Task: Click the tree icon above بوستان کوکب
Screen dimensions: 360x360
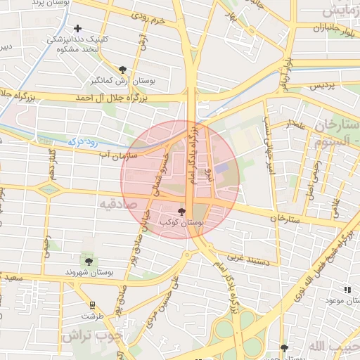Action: pyautogui.click(x=181, y=211)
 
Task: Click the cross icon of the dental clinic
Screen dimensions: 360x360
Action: pyautogui.click(x=78, y=28)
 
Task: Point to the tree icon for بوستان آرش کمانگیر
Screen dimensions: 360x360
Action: pyautogui.click(x=124, y=69)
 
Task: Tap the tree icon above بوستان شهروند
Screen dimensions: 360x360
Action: pyautogui.click(x=87, y=262)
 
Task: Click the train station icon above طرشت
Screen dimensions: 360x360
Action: pyautogui.click(x=92, y=304)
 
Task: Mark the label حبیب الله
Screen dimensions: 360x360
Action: pyautogui.click(x=330, y=345)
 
